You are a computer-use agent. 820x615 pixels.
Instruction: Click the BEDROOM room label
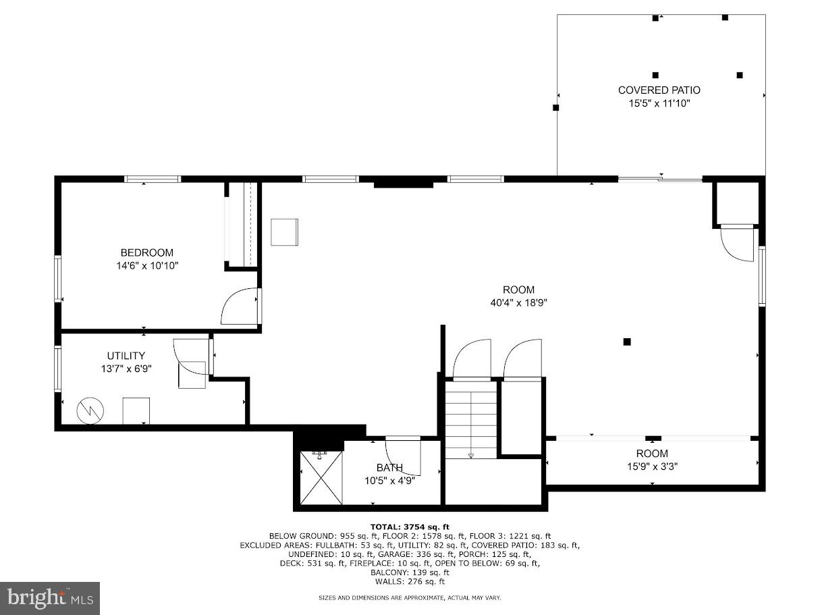pos(146,252)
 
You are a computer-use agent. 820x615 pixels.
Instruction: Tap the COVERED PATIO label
pos(659,90)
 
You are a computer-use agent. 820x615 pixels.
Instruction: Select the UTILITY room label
pos(126,356)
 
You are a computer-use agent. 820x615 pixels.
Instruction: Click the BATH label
pos(389,468)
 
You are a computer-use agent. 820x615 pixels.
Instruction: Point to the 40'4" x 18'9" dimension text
pos(518,303)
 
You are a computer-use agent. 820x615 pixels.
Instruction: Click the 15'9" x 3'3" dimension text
pos(652,466)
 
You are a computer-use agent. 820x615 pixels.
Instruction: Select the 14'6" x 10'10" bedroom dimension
pos(146,266)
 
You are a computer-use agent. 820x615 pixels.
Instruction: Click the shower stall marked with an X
pos(321,477)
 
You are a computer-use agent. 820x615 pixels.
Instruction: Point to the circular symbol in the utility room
pos(90,410)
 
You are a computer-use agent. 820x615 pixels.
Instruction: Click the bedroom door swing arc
pos(239,306)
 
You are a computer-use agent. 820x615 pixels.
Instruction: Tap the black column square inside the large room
pos(627,342)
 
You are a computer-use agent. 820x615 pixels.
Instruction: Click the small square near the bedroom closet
pos(284,232)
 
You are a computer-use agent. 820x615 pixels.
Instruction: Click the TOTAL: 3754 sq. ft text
pos(409,527)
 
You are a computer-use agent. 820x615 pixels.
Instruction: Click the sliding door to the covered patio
pos(660,179)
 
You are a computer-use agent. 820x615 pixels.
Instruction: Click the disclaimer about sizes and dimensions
pos(409,597)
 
